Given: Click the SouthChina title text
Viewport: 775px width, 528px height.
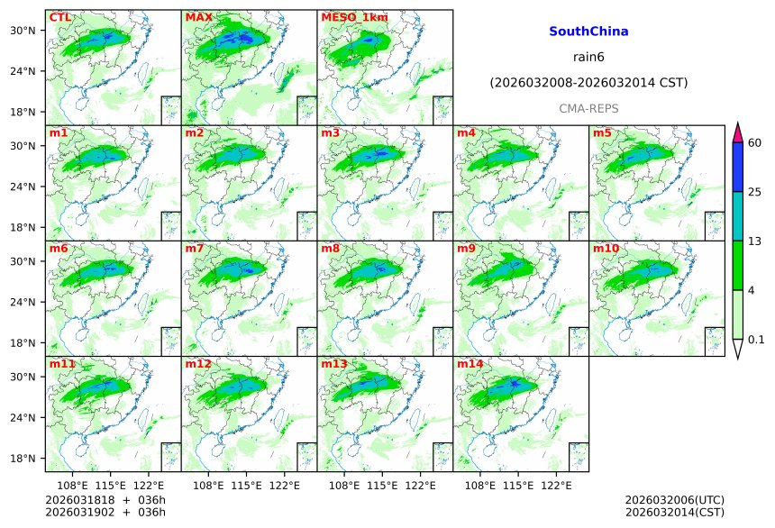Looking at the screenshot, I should (x=588, y=32).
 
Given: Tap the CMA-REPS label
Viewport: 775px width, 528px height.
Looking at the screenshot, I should (x=588, y=108).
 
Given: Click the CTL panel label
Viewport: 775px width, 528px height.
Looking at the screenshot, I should (x=59, y=17).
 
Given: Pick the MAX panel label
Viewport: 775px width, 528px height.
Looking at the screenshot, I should (x=198, y=17).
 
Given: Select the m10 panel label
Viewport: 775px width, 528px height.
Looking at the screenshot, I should (x=606, y=248).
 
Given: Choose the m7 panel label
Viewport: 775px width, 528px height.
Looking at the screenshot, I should (x=195, y=248).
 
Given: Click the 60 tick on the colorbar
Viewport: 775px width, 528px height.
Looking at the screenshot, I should (x=755, y=143).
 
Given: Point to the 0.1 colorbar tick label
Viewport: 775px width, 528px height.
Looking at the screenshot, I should (x=756, y=340).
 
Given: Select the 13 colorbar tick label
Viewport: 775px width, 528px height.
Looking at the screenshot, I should (x=755, y=241).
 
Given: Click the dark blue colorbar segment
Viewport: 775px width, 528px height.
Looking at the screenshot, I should (x=737, y=167).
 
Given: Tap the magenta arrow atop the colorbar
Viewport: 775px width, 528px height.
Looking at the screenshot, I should (x=737, y=132).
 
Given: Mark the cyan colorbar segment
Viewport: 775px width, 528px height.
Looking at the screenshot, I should (x=737, y=215).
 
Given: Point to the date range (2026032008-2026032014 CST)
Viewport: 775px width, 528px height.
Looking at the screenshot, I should (x=588, y=83).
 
